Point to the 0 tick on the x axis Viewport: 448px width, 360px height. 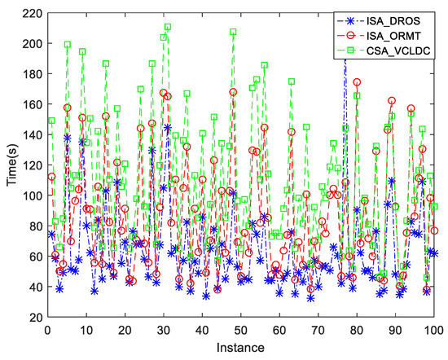[x=48, y=331]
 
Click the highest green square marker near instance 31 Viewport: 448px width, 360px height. [x=168, y=28]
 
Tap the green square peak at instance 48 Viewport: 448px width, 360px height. [x=233, y=33]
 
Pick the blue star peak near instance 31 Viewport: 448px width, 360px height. [x=168, y=127]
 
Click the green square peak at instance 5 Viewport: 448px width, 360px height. [x=68, y=45]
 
